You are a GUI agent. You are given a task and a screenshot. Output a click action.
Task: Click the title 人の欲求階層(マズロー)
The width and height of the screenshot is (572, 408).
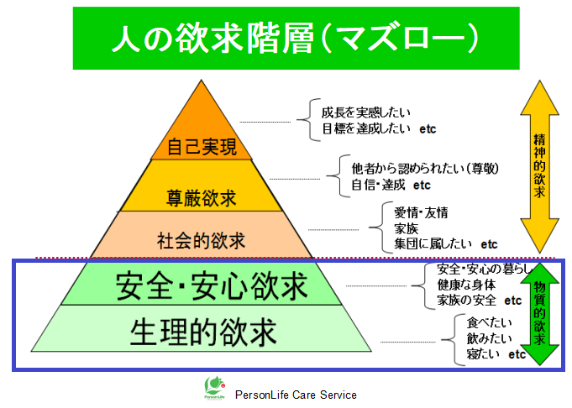point(295,38)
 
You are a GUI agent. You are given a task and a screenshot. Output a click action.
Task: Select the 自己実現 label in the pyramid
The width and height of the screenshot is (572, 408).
point(202,147)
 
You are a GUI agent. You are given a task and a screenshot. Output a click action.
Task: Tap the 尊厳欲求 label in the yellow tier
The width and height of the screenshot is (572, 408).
point(202,198)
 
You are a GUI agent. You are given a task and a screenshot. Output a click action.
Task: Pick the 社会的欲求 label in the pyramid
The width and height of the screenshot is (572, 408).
point(201,241)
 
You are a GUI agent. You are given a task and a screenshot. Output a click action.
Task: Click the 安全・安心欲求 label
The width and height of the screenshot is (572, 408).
point(211,286)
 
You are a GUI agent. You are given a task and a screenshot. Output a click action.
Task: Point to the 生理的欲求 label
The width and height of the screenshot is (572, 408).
point(203,332)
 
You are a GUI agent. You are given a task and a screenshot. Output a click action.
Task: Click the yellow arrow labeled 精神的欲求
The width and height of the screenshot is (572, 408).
point(539,166)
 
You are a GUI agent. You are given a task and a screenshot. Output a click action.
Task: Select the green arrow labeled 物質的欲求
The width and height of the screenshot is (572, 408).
point(539,314)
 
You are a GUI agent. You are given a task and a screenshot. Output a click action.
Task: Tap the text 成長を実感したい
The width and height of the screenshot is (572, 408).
point(366,112)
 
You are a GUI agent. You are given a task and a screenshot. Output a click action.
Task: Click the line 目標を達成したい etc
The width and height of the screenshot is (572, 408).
point(379,128)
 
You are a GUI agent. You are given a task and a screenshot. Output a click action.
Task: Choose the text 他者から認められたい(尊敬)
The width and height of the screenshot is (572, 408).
point(425,169)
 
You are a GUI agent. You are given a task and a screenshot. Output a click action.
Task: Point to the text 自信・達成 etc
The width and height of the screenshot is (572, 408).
point(391,185)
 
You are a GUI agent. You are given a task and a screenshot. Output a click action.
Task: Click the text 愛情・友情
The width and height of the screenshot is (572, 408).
point(421,212)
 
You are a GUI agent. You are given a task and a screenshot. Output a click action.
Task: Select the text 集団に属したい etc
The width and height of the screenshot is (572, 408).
point(446,244)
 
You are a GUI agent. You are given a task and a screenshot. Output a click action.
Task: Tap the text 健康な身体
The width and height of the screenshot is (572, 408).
point(466,285)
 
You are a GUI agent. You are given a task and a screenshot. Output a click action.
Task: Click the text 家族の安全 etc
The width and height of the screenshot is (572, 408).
point(480,301)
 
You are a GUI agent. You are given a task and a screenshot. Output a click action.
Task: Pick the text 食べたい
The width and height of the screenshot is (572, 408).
point(489,322)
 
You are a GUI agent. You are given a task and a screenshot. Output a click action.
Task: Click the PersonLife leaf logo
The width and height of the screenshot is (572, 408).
point(214,388)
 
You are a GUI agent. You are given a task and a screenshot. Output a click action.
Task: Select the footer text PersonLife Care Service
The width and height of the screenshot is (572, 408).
point(296,395)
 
